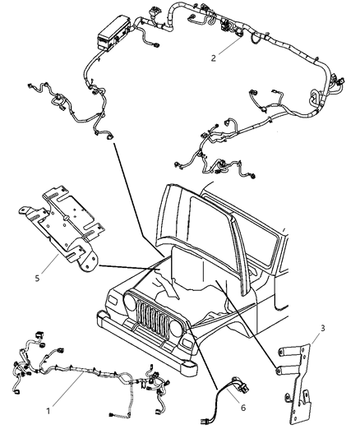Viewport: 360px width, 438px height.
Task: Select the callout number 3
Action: [x=323, y=328]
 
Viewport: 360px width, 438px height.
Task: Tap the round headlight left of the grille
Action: [x=130, y=303]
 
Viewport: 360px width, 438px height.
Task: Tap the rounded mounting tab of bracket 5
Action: [x=87, y=262]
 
